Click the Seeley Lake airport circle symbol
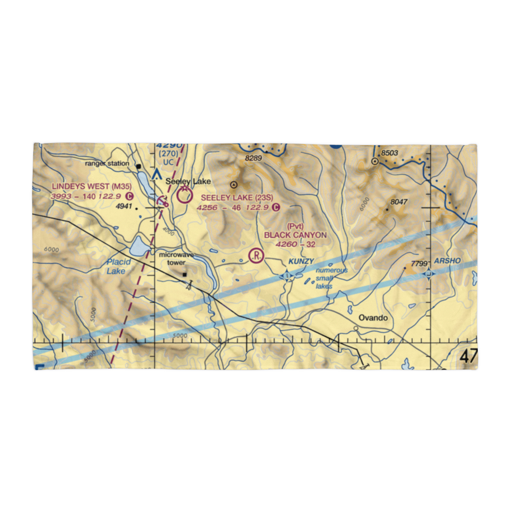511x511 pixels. coord(183,194)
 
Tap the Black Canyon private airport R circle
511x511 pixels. coord(255,254)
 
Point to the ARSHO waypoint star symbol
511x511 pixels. coord(428,274)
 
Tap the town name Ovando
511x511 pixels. coord(373,318)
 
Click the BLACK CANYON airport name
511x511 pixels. coord(295,235)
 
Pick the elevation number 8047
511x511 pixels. coord(398,202)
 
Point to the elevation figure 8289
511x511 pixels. coord(253,159)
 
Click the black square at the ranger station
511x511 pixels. coord(138,166)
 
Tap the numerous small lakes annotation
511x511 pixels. coord(331,278)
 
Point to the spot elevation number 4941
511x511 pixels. coord(124,207)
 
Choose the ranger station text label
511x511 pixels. coord(107,164)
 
